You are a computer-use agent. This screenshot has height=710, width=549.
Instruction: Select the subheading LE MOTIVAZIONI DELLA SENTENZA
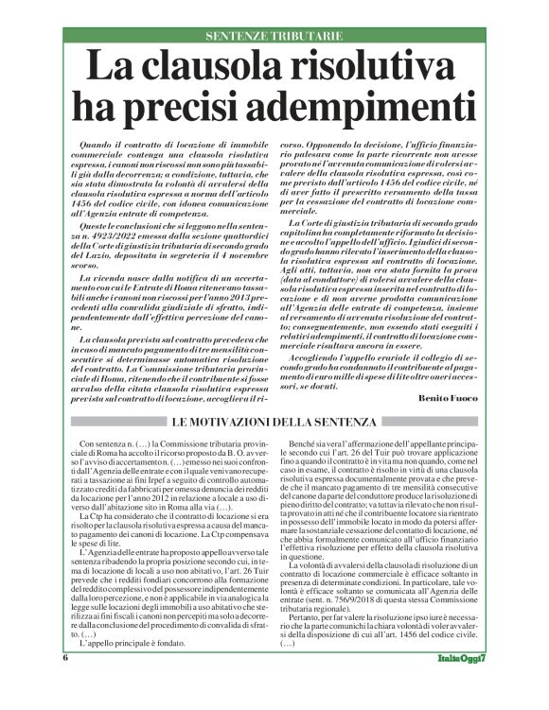tap(275, 421)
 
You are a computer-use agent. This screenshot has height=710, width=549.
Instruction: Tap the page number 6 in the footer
tap(66, 684)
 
